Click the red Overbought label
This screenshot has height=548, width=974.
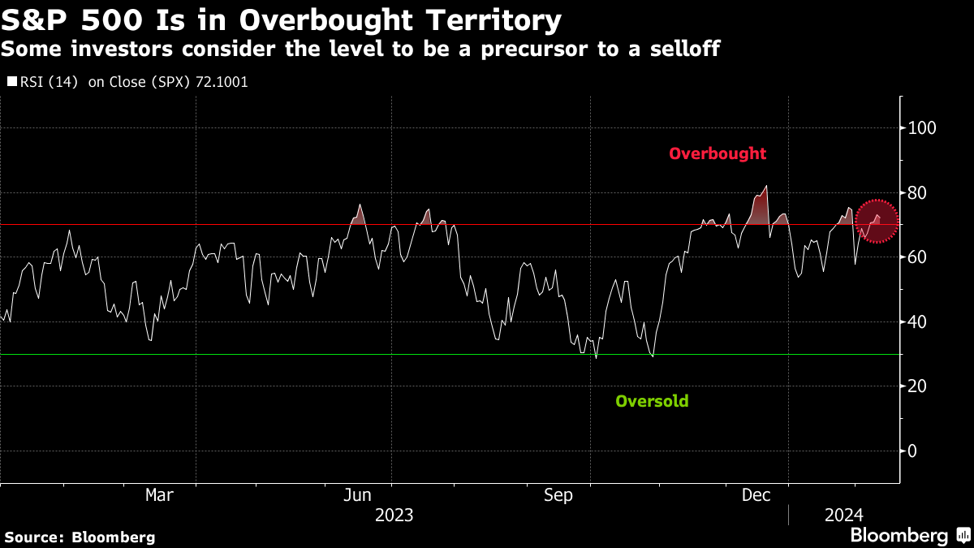(718, 153)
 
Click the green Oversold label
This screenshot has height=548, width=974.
(652, 401)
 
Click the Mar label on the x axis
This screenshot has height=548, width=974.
(159, 494)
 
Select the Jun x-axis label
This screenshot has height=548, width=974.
(358, 494)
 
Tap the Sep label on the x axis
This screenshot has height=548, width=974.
(558, 494)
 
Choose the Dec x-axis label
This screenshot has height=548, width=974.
(756, 494)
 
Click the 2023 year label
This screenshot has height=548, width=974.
(394, 515)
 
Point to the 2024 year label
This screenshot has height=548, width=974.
(844, 515)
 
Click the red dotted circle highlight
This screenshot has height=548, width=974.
(877, 220)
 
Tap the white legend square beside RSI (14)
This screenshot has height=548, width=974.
(11, 82)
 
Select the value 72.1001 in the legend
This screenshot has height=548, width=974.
(222, 82)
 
